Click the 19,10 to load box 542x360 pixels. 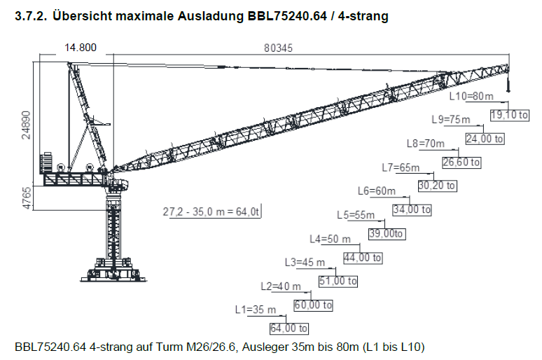point(510,115)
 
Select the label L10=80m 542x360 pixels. point(471,96)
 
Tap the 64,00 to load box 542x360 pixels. point(289,328)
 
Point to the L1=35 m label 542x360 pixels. point(256,310)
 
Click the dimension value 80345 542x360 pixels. point(278,48)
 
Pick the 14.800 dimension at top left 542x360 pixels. point(81,48)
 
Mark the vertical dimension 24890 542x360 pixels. point(27,125)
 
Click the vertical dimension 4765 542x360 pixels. point(27,198)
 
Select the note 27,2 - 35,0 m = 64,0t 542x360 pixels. point(211,212)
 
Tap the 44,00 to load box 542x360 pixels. point(363,258)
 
